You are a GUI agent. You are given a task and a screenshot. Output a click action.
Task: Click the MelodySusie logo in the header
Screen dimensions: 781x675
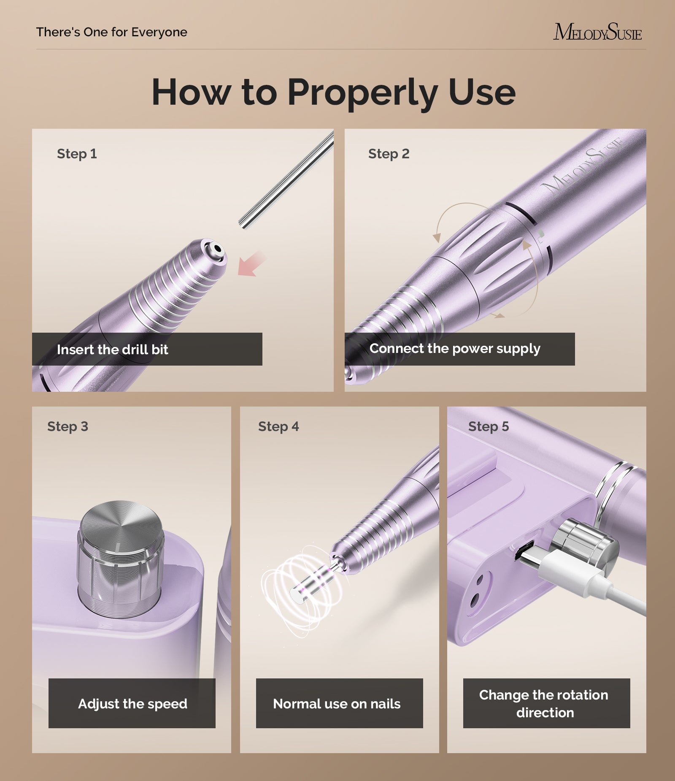[x=597, y=32]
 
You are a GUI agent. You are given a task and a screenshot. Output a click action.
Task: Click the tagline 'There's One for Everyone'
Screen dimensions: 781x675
[x=112, y=32]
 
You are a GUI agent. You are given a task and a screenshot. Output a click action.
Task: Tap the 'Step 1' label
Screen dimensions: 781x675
[x=77, y=154]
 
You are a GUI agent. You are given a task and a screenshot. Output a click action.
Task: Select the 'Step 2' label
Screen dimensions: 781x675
[x=389, y=154]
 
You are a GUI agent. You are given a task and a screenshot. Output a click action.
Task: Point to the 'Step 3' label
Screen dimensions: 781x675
[x=67, y=426]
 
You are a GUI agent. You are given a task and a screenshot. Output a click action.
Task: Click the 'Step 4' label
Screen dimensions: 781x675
[x=278, y=426]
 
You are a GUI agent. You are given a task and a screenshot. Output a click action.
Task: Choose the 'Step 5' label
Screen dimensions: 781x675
[x=489, y=426]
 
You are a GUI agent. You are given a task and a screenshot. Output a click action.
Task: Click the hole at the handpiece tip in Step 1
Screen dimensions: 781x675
[x=217, y=249]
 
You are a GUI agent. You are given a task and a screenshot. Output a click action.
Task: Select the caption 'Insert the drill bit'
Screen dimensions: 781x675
[x=112, y=350]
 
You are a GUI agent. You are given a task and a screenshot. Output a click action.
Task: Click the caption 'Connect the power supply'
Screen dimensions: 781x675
[x=455, y=349]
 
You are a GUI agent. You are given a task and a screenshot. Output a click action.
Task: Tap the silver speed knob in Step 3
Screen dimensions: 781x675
[x=121, y=557]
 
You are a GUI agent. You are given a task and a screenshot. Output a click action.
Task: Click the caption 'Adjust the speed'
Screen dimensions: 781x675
[x=132, y=704]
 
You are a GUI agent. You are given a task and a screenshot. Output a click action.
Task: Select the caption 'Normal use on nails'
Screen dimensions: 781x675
[x=337, y=704]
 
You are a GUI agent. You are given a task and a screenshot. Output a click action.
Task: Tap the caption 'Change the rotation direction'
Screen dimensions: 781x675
[x=544, y=704]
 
